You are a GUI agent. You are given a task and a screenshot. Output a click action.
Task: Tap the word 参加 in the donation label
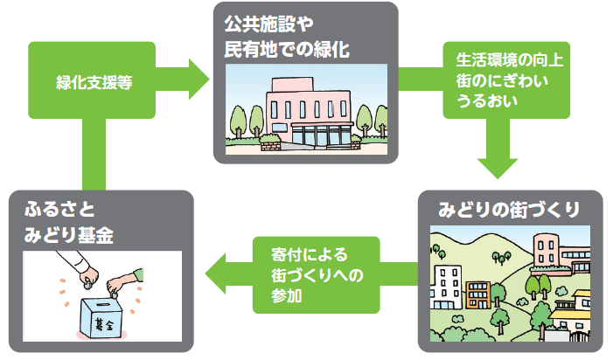[x=280, y=296]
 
